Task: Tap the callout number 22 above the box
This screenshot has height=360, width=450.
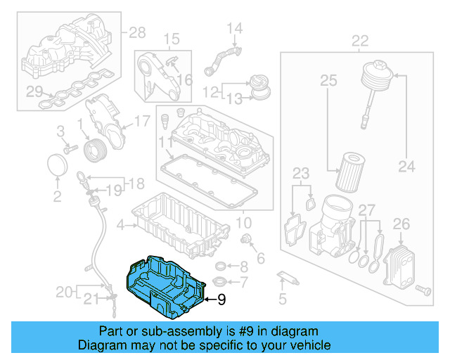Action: click(360, 40)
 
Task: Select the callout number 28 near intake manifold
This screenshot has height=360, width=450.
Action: click(136, 32)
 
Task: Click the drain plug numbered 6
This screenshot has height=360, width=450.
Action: click(247, 242)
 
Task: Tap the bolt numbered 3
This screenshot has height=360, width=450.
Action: click(69, 149)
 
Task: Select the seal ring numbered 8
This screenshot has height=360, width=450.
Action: click(222, 266)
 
